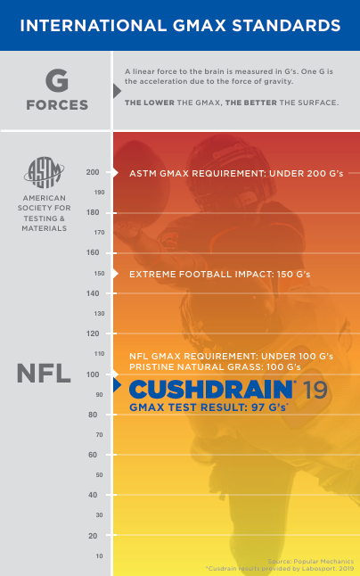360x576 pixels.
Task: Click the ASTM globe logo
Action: click(x=44, y=172)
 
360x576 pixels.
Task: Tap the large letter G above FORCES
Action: click(x=57, y=81)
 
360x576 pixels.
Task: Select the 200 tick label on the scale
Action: click(x=93, y=172)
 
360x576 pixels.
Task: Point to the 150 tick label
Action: click(x=100, y=274)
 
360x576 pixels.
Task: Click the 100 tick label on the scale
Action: click(x=93, y=374)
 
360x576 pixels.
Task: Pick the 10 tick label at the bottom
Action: click(x=100, y=555)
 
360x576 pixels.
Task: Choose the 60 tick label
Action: click(x=93, y=455)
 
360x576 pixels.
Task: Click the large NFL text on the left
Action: click(x=44, y=374)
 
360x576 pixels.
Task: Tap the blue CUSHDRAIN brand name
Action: click(x=210, y=390)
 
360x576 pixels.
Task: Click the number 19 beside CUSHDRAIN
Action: click(x=315, y=391)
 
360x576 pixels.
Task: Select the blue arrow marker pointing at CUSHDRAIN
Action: click(x=117, y=385)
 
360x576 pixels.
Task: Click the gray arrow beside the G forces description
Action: click(x=117, y=91)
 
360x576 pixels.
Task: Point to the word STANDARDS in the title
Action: click(x=286, y=26)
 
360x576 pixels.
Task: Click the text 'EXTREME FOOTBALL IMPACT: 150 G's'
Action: click(x=220, y=274)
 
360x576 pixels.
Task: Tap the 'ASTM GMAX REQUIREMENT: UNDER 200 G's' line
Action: click(x=236, y=173)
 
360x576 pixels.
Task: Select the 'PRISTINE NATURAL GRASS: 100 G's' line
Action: click(x=215, y=367)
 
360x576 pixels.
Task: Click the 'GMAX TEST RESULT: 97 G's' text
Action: click(x=209, y=407)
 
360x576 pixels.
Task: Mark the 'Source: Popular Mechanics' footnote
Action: click(x=311, y=562)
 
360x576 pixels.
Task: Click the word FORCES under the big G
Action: click(x=57, y=105)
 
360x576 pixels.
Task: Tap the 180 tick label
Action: click(x=93, y=212)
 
